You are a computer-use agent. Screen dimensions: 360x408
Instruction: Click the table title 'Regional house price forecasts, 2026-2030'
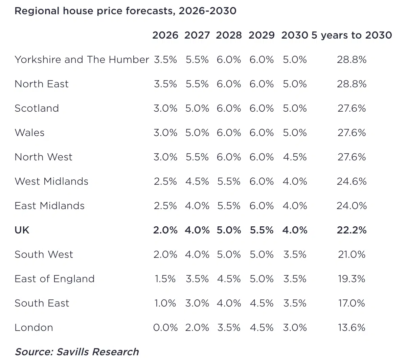(125, 11)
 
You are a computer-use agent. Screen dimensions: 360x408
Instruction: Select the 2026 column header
(165, 35)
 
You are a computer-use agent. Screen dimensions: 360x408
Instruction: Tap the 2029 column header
(261, 35)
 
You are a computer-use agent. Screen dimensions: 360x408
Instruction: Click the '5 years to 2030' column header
(352, 35)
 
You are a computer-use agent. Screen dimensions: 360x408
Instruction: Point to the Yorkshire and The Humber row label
(82, 60)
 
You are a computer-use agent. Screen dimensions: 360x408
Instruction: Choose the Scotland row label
(37, 108)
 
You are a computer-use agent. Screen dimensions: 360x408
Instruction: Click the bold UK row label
(22, 230)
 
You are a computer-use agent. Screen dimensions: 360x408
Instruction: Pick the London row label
(34, 328)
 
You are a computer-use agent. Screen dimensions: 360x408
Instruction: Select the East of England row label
(54, 279)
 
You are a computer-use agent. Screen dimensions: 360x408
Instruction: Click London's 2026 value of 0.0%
(165, 328)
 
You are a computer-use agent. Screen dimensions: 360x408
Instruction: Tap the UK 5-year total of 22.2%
(352, 230)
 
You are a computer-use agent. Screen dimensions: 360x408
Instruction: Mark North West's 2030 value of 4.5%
(295, 157)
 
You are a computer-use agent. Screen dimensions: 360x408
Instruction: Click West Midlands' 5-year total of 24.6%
(352, 181)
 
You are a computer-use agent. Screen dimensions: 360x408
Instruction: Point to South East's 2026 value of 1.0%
(165, 303)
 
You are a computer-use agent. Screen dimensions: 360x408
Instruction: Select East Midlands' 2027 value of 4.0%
(197, 206)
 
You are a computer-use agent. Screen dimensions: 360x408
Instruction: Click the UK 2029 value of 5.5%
(261, 230)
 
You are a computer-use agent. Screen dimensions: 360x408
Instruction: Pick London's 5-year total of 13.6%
(352, 328)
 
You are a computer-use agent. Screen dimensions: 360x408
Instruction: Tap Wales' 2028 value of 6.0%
(229, 133)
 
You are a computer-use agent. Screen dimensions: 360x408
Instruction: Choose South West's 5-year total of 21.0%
(352, 254)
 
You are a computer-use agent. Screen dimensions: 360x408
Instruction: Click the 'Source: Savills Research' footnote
(77, 352)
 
